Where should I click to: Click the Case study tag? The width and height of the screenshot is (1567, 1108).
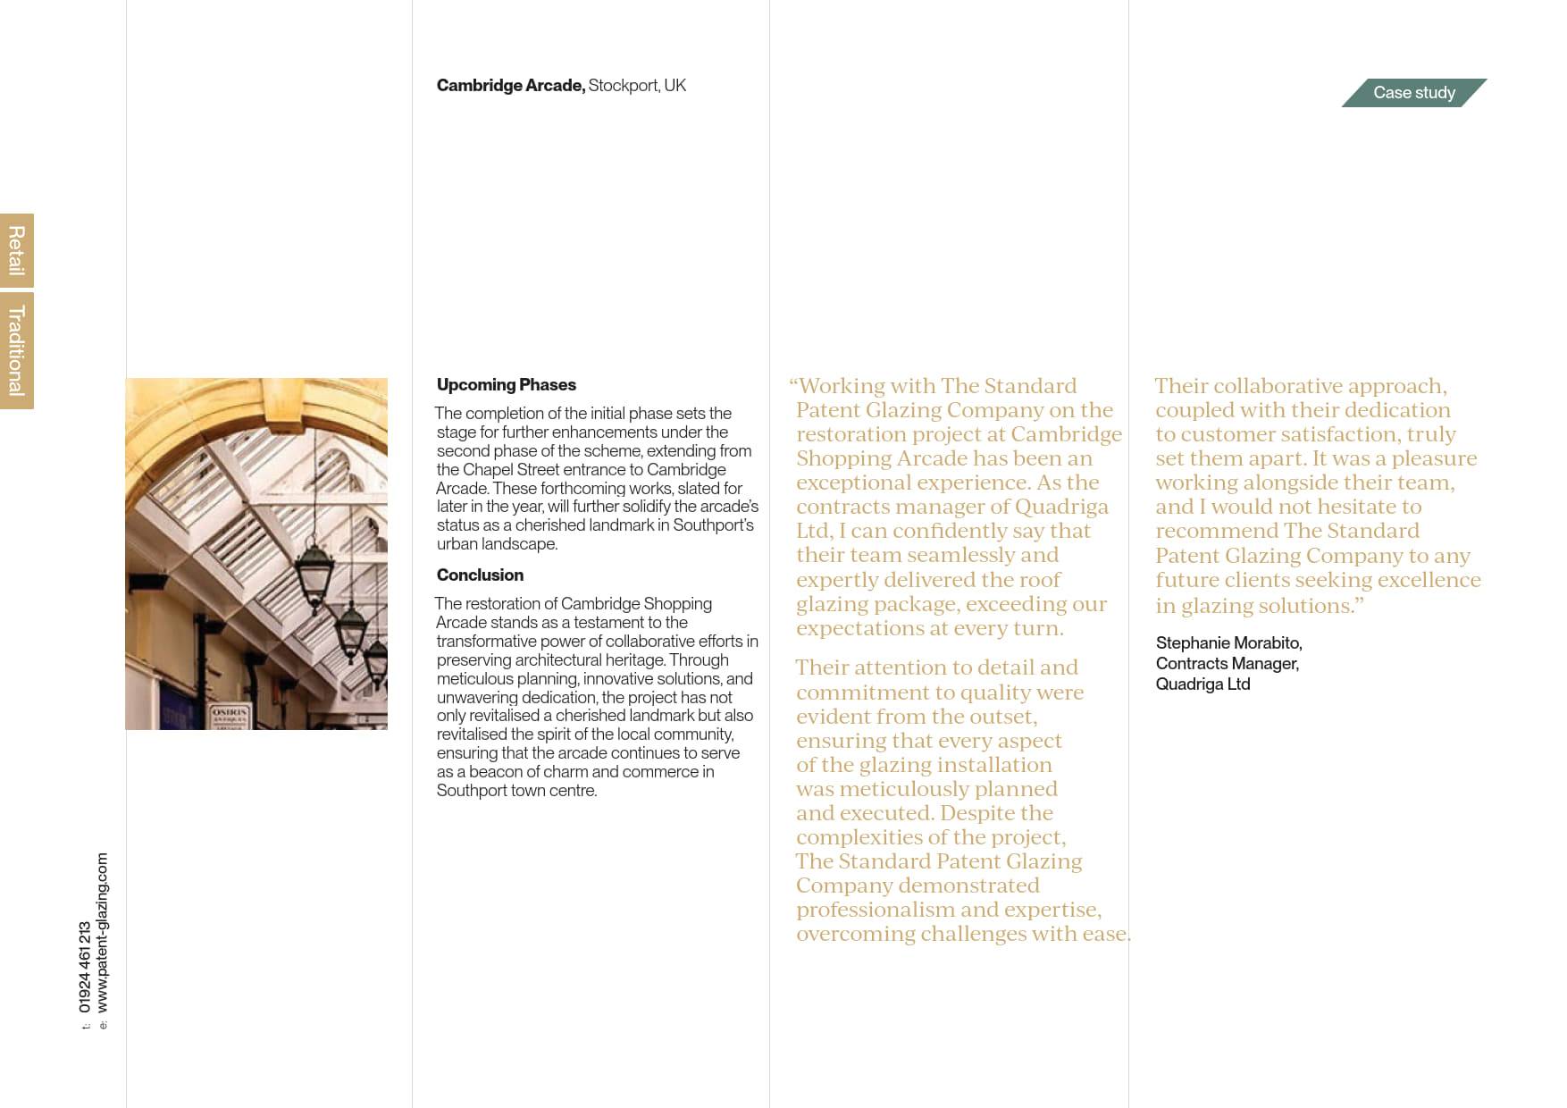click(1413, 93)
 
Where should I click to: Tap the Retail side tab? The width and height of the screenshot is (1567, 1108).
click(16, 250)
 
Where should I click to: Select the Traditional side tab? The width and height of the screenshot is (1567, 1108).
click(16, 350)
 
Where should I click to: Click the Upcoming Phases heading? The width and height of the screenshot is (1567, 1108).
click(506, 385)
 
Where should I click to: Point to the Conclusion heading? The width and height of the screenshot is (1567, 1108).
click(480, 575)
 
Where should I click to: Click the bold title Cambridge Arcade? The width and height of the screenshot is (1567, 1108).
click(510, 86)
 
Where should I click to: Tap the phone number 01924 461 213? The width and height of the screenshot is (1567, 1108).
click(85, 967)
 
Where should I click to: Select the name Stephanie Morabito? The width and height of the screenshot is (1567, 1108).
click(1228, 643)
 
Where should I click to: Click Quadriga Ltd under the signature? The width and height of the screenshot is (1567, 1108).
click(1202, 684)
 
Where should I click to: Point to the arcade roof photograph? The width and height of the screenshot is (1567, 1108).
click(256, 553)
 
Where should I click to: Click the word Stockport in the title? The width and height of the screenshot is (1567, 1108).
click(624, 86)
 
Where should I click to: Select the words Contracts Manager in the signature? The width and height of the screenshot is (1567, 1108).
click(1227, 664)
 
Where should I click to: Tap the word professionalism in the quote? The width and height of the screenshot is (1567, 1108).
click(876, 910)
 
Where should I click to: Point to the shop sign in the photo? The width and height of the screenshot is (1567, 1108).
click(230, 716)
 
